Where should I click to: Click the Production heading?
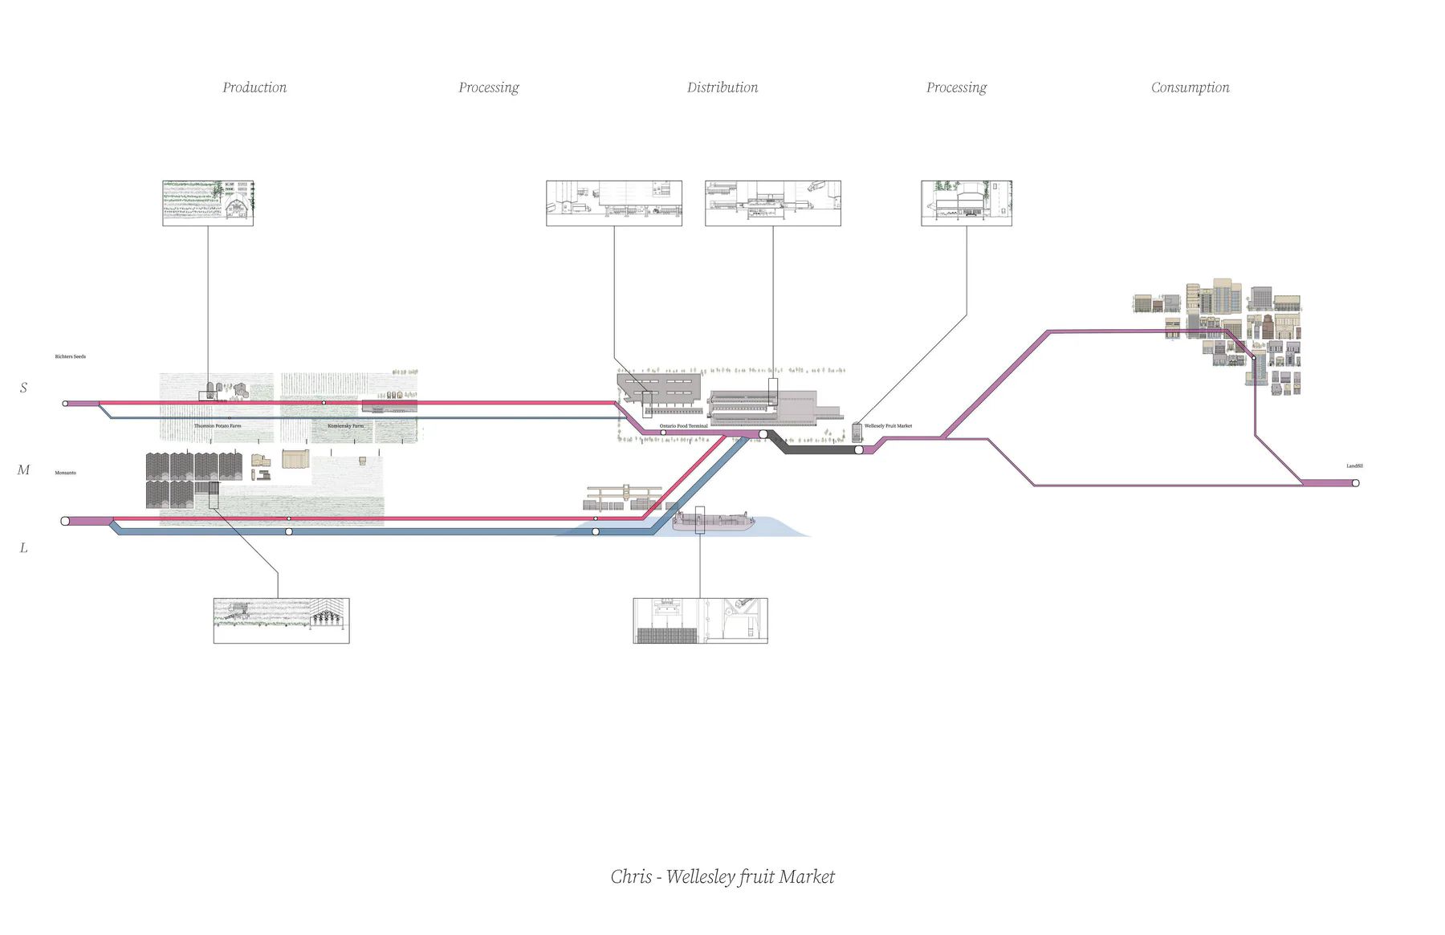click(254, 87)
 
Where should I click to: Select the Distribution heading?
click(722, 87)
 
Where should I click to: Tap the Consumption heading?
click(1190, 87)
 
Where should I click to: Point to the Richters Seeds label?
click(70, 356)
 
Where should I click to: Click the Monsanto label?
click(65, 473)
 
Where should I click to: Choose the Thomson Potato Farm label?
click(218, 426)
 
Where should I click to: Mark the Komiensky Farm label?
click(345, 426)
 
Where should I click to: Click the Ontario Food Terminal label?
click(683, 426)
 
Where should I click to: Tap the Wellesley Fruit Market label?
click(888, 426)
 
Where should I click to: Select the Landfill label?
click(1354, 466)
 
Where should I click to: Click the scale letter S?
click(23, 388)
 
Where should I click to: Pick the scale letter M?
click(23, 470)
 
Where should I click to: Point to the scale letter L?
click(23, 548)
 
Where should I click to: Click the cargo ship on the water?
click(713, 522)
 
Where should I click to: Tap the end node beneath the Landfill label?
click(1355, 483)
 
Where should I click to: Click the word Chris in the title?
click(631, 876)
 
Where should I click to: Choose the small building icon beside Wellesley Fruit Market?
click(857, 433)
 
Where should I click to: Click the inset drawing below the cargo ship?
click(700, 620)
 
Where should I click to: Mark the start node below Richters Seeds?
click(65, 404)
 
